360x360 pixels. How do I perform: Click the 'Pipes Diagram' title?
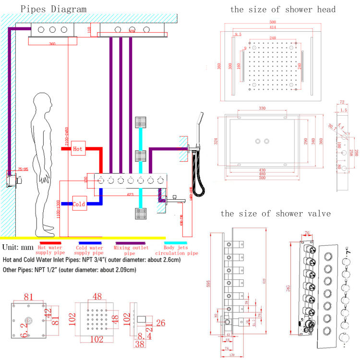pos(47,9)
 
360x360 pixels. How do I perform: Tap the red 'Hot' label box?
pos(77,149)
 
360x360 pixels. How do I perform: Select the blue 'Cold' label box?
pos(79,204)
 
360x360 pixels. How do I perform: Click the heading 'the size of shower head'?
pos(283,9)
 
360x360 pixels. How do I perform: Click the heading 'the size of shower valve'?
pos(276,214)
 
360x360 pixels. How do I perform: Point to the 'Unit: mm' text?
pos(17,248)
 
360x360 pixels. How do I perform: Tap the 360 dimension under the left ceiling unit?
pos(48,44)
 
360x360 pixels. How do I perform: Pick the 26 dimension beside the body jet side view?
pos(161,323)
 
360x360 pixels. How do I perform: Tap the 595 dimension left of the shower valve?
pos(208,283)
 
